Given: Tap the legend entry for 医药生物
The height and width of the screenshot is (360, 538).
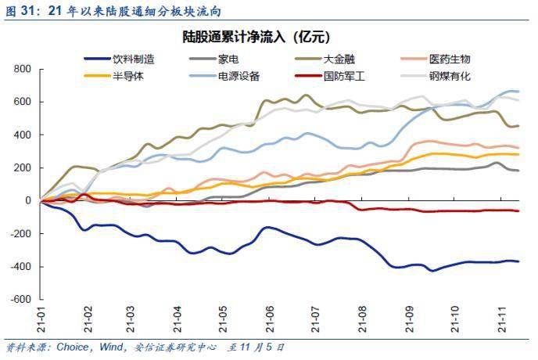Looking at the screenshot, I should pos(450,59).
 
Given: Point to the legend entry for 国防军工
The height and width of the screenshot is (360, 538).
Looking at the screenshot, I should pos(344,76).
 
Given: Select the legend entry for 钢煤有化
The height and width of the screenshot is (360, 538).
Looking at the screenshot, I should pos(450,76).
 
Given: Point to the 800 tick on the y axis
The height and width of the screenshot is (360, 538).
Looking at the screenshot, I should pos(22,70).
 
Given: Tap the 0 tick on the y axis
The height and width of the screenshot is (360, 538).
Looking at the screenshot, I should pos(27,200).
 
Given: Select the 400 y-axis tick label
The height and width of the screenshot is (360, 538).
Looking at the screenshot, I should pos(22,135).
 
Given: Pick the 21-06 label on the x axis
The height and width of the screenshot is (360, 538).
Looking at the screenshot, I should pos(270,320).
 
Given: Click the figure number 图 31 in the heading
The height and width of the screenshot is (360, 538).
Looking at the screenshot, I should pos(21,11).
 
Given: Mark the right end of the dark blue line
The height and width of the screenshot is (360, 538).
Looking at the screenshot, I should pos(518,261).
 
